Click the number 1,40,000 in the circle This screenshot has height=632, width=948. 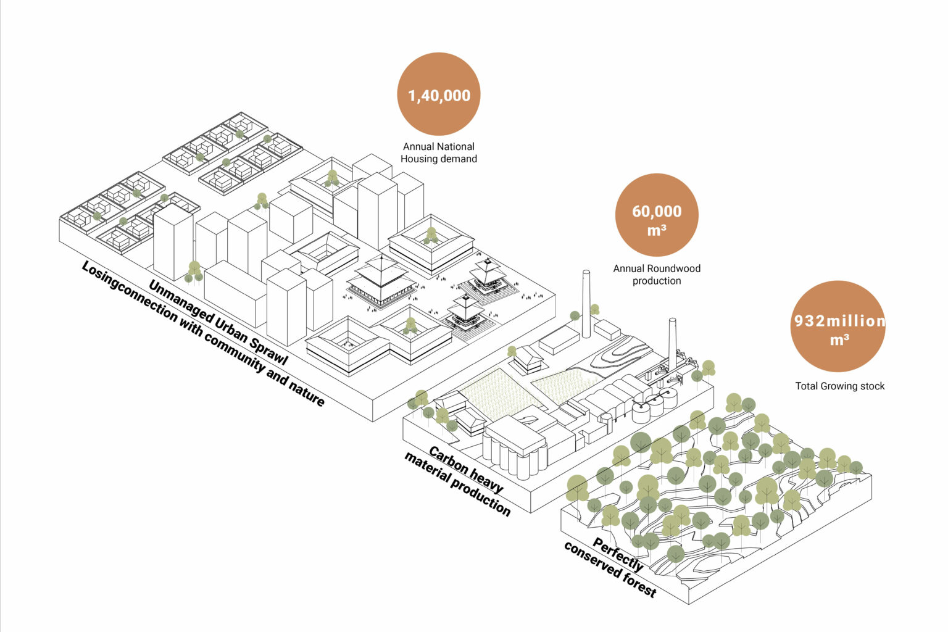pos(439,96)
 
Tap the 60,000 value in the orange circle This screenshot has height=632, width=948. pos(657,212)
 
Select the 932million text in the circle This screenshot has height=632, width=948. pos(839,321)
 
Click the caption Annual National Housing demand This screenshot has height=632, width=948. pos(439,152)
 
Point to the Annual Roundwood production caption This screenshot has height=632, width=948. pos(657,275)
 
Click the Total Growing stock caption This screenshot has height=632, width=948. pos(839,386)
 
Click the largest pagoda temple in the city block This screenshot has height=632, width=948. pos(381,281)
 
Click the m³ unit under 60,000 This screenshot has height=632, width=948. pos(657,231)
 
